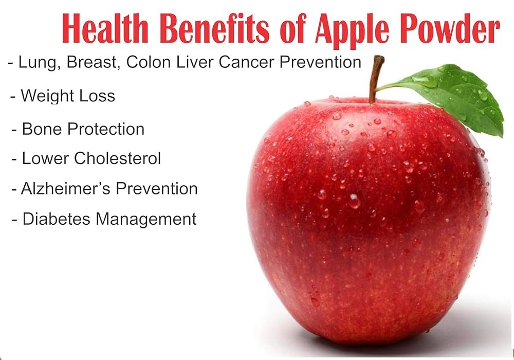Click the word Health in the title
point(105,28)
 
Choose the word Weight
point(47,96)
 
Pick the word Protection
point(106,129)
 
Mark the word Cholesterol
point(117,158)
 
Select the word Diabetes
point(56,219)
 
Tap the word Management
point(146,220)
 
